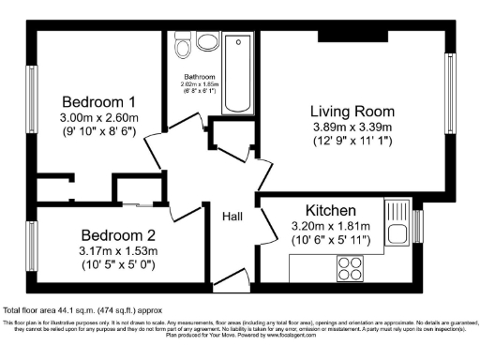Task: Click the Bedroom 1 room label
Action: coord(98,101)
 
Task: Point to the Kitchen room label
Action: coord(329,210)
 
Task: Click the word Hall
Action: coord(232,217)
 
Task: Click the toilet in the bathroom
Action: coord(181,45)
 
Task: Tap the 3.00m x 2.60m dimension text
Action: coord(98,118)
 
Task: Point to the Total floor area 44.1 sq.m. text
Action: coord(70,308)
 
